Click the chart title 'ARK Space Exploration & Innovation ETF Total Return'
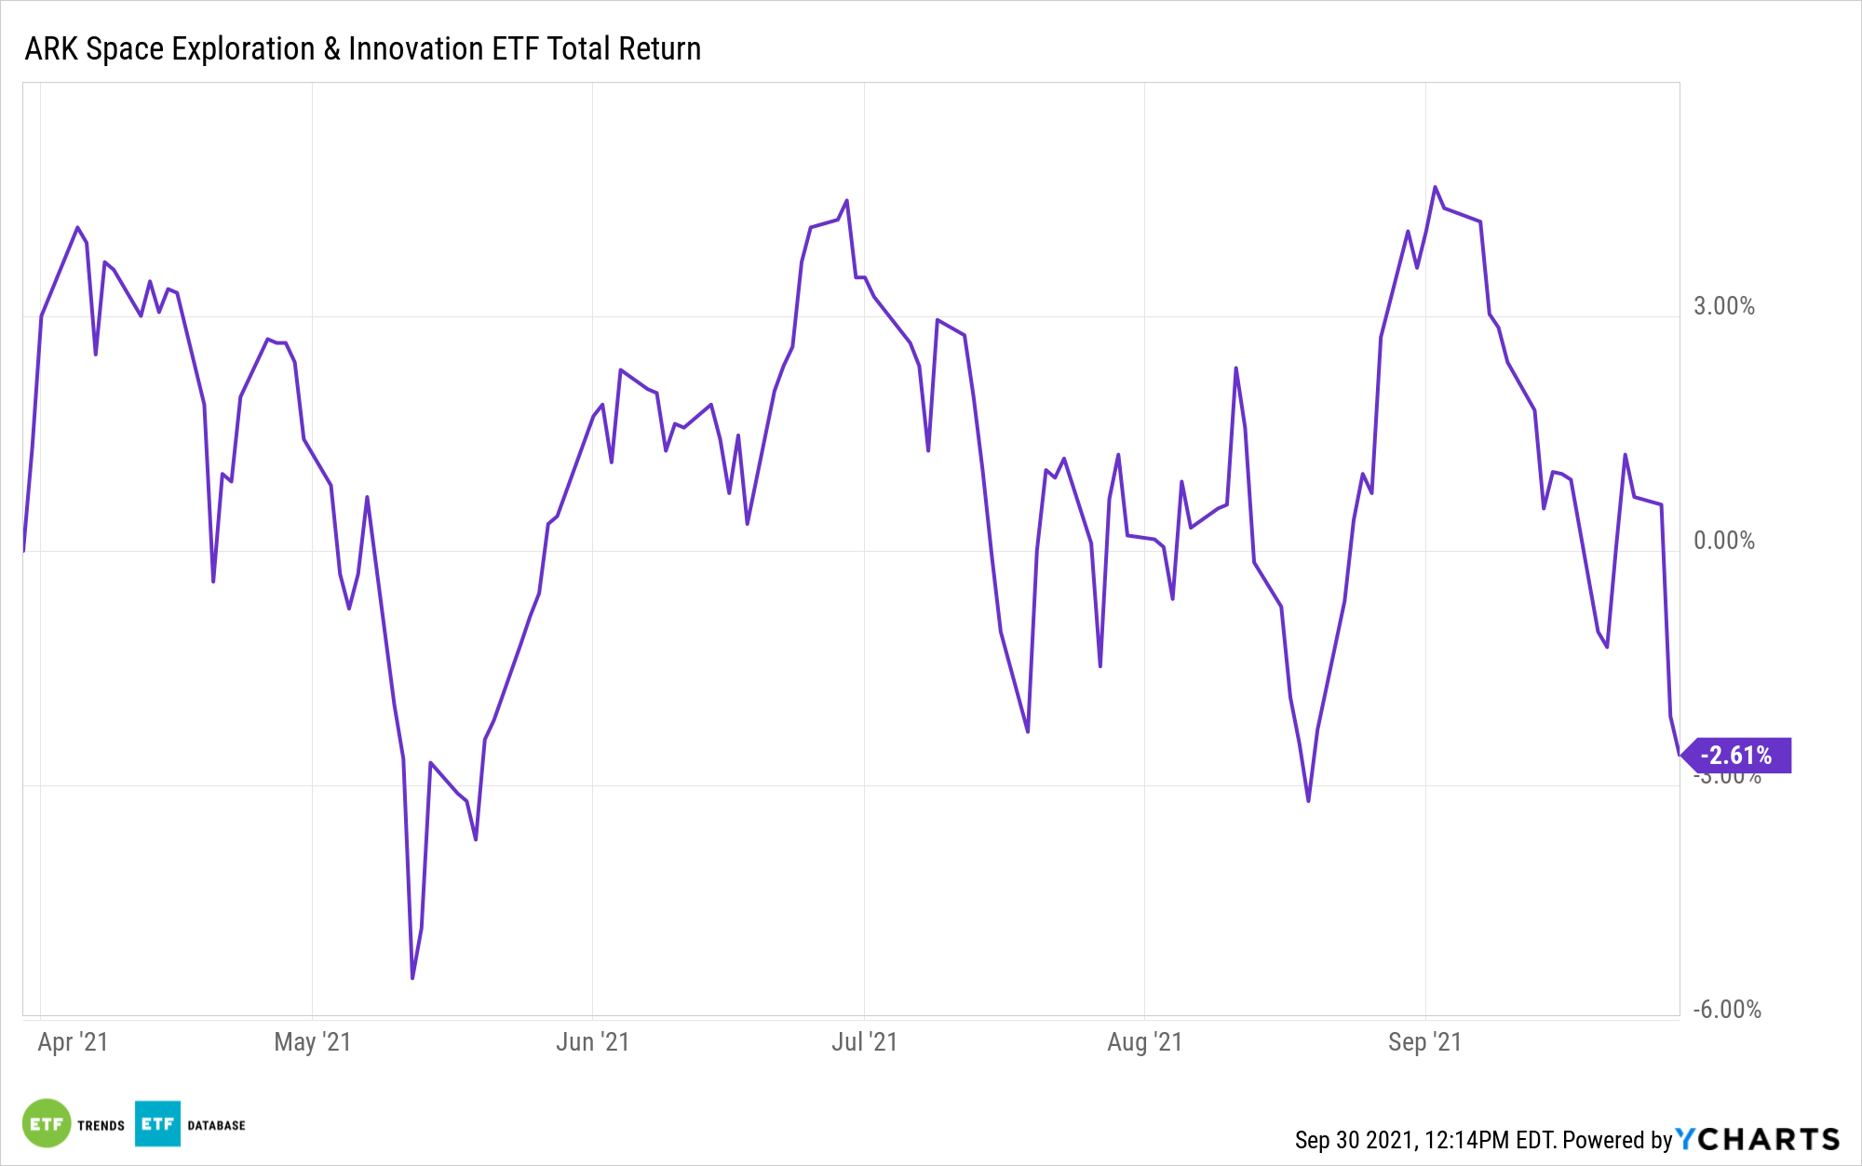[x=362, y=48]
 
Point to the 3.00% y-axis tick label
[x=1723, y=306]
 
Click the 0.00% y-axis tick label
[x=1723, y=541]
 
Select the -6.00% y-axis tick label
[x=1726, y=1010]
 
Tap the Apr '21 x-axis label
[x=73, y=1041]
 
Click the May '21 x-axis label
[x=312, y=1041]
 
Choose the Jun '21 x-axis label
[x=592, y=1041]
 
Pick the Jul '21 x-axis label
[x=864, y=1041]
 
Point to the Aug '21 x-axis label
[x=1144, y=1041]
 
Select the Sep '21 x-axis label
[x=1424, y=1041]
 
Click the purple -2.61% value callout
[x=1737, y=756]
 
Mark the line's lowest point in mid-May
[x=412, y=977]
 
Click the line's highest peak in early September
[x=1435, y=187]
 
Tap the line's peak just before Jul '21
[x=846, y=200]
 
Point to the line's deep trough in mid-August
[x=1308, y=800]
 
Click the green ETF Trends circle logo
[x=47, y=1124]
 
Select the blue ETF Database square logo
[x=157, y=1124]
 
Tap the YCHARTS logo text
[x=1758, y=1139]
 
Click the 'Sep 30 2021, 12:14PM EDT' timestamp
[x=1424, y=1140]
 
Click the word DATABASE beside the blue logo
[x=216, y=1125]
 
